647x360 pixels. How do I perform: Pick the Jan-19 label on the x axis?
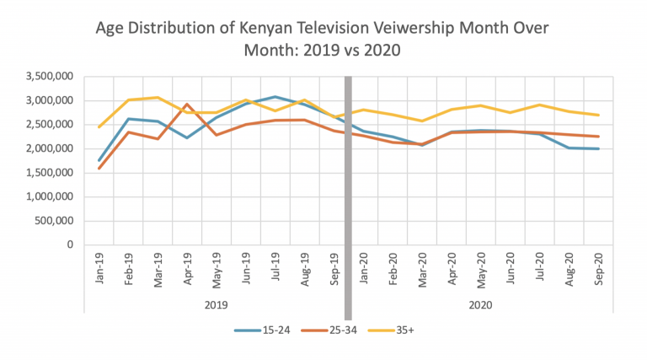[99, 268]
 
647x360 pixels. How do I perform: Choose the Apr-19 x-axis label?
[187, 268]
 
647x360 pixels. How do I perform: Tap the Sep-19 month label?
[334, 268]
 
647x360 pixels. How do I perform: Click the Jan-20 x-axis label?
[363, 268]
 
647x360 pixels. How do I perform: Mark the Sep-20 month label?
[597, 268]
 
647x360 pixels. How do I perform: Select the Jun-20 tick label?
[510, 268]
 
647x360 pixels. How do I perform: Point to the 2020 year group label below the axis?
[480, 304]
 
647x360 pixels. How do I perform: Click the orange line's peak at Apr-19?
[187, 105]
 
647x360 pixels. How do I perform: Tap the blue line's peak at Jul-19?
[275, 97]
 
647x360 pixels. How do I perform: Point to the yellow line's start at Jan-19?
[99, 127]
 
